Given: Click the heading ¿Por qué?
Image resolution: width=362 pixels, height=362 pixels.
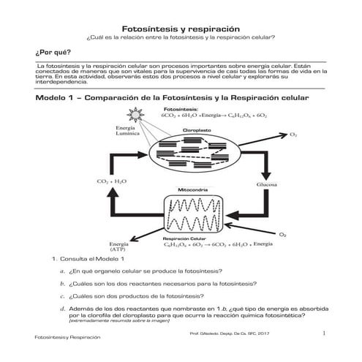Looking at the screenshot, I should click(x=49, y=53).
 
